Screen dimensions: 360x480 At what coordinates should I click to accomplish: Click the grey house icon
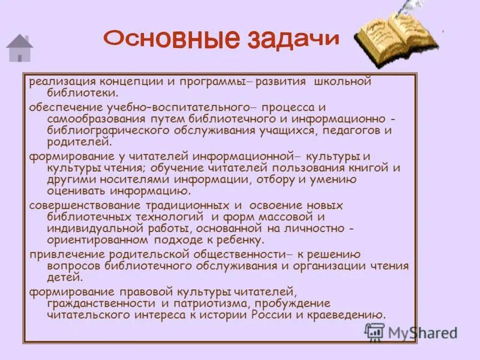tap(20, 48)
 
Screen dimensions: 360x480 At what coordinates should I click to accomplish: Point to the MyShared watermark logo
tap(411, 332)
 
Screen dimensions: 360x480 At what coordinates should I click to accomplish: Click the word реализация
tap(63, 82)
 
